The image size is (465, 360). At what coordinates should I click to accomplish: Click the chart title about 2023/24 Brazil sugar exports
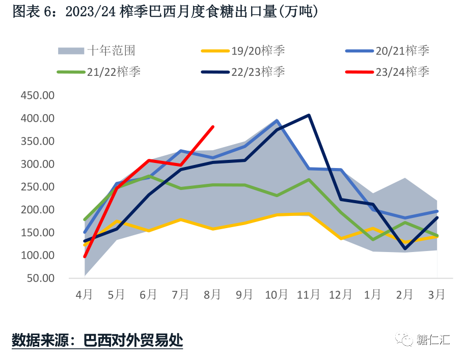(x=166, y=12)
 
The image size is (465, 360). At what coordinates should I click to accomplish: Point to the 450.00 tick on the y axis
(x=37, y=96)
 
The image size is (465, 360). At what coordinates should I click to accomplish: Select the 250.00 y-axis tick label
(x=37, y=187)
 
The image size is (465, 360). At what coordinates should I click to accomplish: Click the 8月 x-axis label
(x=212, y=295)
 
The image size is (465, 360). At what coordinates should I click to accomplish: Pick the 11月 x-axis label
(x=308, y=295)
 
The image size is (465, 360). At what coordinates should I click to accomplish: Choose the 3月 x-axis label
(x=437, y=295)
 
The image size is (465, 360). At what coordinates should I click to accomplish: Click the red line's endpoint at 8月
(x=213, y=127)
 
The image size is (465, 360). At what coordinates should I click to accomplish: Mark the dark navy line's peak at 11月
(x=309, y=115)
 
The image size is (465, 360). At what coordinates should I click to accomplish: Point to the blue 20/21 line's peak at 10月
(x=277, y=121)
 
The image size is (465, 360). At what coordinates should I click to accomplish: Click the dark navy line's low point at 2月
(x=405, y=248)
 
